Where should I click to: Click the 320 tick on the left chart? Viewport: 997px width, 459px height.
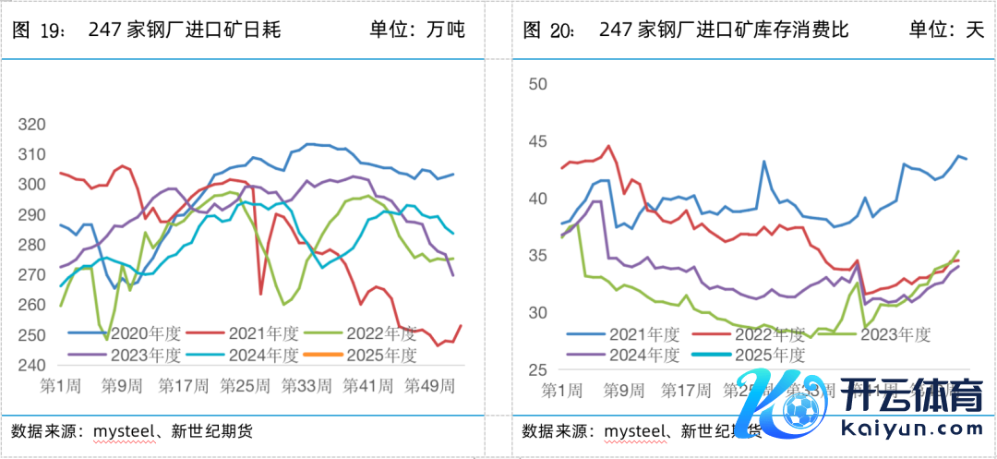(x=31, y=125)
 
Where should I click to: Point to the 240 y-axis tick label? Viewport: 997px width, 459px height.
(x=31, y=365)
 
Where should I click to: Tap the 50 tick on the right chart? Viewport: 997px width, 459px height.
(x=535, y=84)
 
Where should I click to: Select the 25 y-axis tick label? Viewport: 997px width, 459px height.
(x=535, y=370)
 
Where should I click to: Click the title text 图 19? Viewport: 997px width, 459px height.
(x=38, y=30)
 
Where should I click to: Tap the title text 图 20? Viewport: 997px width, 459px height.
(x=549, y=30)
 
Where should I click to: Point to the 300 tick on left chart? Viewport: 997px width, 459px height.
(x=31, y=185)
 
